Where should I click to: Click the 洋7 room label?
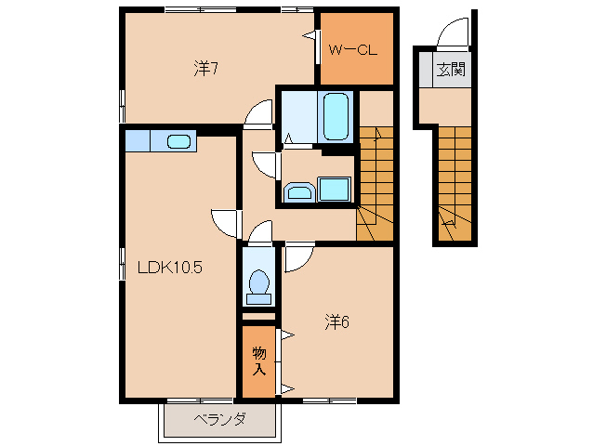click(x=205, y=69)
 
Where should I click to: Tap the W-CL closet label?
click(x=353, y=50)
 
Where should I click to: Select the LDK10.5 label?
click(x=170, y=268)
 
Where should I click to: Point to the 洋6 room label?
click(x=336, y=322)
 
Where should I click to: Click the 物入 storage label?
click(x=259, y=361)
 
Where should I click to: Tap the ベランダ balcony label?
click(x=219, y=419)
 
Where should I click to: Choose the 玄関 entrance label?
click(x=451, y=69)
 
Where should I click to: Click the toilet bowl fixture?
click(x=259, y=286)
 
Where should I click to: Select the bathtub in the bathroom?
click(x=336, y=117)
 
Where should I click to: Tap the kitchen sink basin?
click(x=178, y=141)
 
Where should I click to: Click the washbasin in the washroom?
click(x=299, y=192)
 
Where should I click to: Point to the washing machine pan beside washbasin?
click(x=334, y=189)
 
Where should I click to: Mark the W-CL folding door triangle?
click(x=310, y=35)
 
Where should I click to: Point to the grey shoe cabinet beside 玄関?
click(x=425, y=69)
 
